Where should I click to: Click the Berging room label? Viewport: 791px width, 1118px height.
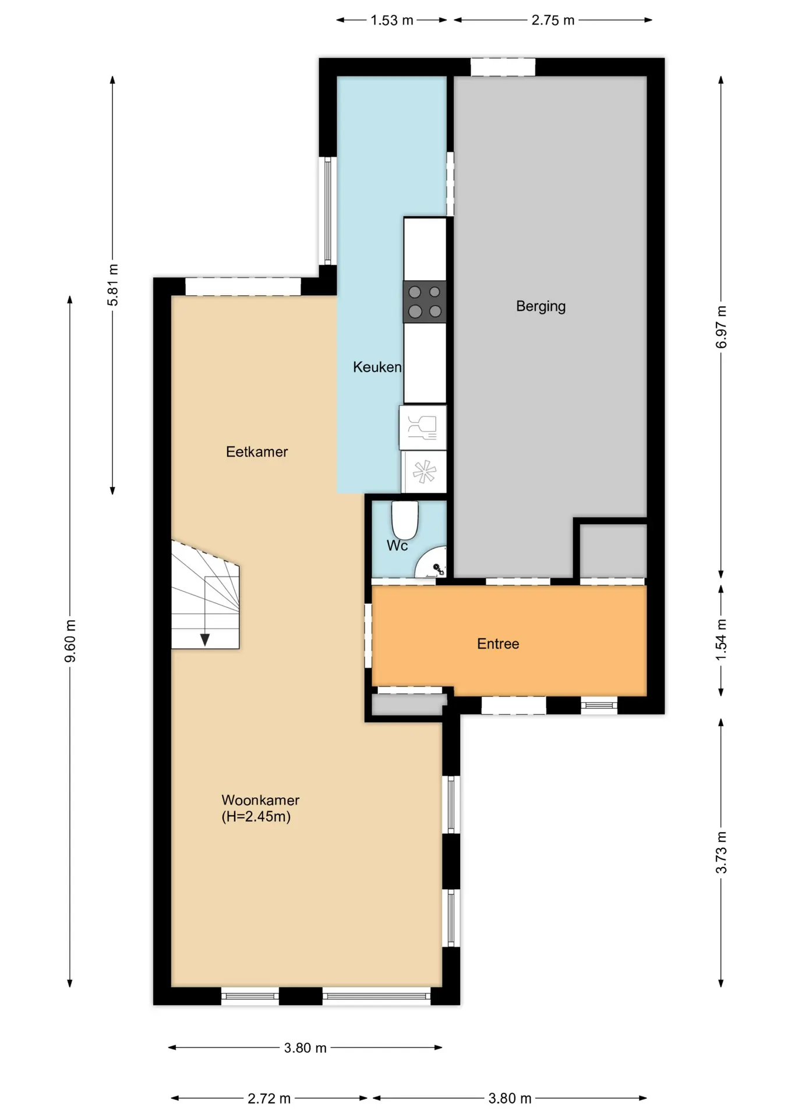coord(541,306)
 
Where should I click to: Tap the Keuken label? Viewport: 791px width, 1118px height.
coord(377,367)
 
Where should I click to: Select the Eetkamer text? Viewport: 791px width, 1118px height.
coord(257,452)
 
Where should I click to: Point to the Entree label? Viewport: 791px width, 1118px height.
coord(498,643)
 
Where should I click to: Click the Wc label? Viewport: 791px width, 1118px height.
coord(397,546)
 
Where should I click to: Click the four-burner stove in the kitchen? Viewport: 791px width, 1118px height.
coord(425,302)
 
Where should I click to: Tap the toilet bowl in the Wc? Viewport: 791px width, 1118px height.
coord(405,520)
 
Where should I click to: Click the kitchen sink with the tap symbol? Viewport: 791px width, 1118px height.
coord(423,428)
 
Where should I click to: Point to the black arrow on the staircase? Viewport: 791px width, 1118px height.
coord(205,640)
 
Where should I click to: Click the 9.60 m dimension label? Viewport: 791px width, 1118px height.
coord(70,641)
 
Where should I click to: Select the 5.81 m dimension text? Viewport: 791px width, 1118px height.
coord(113,285)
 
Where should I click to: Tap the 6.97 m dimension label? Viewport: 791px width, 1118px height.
coord(721,327)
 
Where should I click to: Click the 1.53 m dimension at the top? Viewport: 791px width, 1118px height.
coord(392,20)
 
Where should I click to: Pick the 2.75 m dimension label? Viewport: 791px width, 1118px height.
coord(553,20)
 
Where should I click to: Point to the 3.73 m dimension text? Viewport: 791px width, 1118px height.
coord(721,852)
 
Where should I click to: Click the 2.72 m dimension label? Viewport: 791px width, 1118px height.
coord(269,1098)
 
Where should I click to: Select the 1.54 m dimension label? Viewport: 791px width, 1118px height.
coord(721,639)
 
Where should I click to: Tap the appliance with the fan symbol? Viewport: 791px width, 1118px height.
coord(424,472)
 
